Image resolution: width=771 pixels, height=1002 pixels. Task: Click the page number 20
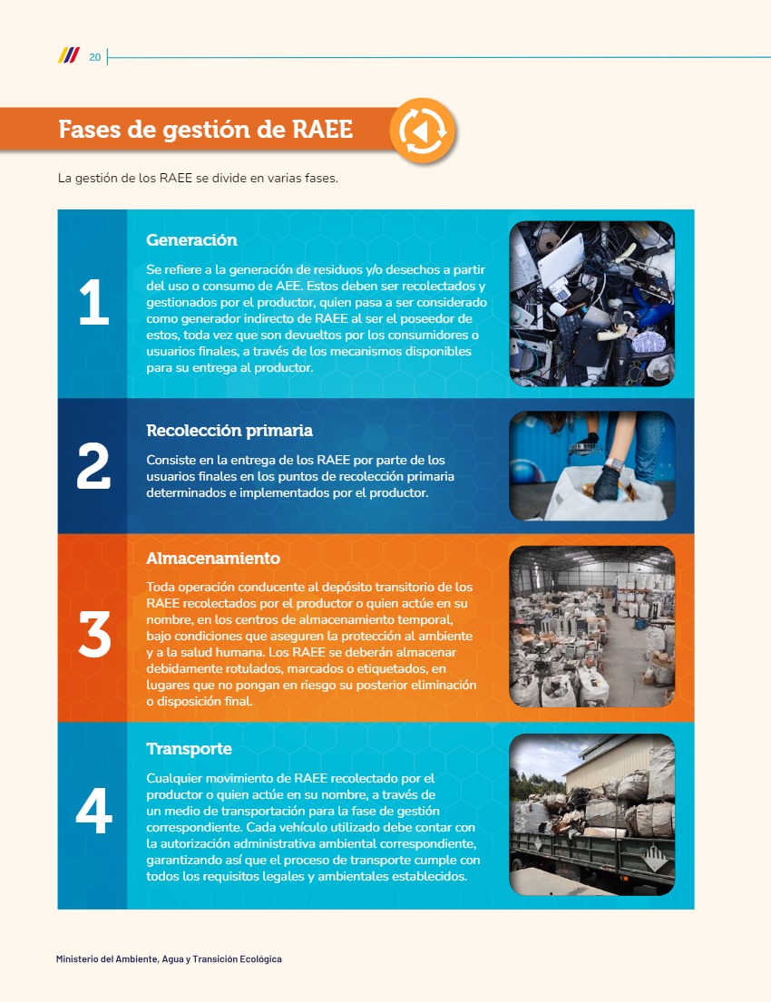pos(94,57)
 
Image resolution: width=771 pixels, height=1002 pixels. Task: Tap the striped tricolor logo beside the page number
pos(69,55)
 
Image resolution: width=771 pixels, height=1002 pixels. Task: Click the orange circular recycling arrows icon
pos(423,131)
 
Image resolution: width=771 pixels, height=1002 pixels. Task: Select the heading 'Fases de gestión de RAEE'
pos(205,129)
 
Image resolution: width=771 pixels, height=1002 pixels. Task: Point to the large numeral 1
pos(94,302)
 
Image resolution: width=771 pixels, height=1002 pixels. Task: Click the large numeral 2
pos(93,466)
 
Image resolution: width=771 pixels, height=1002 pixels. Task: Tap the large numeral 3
pos(94,634)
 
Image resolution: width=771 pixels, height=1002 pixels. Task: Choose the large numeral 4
pos(94,811)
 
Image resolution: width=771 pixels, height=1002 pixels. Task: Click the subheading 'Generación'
pos(191,239)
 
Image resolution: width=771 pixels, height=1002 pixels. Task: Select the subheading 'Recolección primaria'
pos(229,430)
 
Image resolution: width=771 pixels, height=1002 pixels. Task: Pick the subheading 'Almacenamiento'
pos(213,558)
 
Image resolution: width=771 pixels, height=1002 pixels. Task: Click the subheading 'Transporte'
pos(189,748)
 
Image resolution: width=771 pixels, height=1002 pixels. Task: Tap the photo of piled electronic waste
pos(592,304)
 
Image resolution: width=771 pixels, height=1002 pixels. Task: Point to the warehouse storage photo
pos(592,627)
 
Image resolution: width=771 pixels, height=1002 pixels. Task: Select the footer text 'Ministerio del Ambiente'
pos(106,959)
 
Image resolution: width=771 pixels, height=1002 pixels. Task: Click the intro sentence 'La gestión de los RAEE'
pos(124,179)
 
